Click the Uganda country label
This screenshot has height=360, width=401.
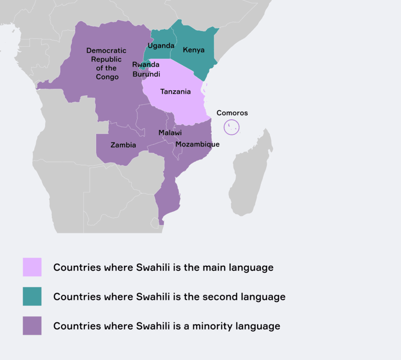(161, 46)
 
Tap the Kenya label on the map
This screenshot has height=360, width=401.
(193, 50)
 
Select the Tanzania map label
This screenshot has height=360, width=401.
(175, 92)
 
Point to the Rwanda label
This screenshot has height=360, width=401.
(146, 65)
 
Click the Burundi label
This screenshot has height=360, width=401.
(146, 74)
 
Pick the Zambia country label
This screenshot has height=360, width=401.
(123, 145)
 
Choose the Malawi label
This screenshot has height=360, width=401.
(170, 133)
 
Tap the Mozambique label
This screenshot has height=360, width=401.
(197, 144)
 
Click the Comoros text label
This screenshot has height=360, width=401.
(232, 113)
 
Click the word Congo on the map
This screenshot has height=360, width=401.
(107, 77)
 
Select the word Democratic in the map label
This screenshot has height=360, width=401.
(106, 50)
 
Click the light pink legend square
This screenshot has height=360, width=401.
(32, 267)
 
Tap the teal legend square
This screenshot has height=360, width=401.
(32, 296)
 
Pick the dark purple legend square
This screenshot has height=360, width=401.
(32, 325)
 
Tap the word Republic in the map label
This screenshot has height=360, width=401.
(107, 59)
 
